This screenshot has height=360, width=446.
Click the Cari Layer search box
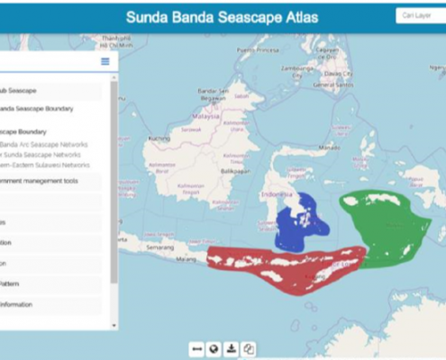click(418, 15)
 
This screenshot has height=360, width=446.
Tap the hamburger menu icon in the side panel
click(105, 61)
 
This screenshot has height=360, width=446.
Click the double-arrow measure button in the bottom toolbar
click(196, 349)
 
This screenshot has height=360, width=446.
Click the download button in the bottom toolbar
click(232, 349)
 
